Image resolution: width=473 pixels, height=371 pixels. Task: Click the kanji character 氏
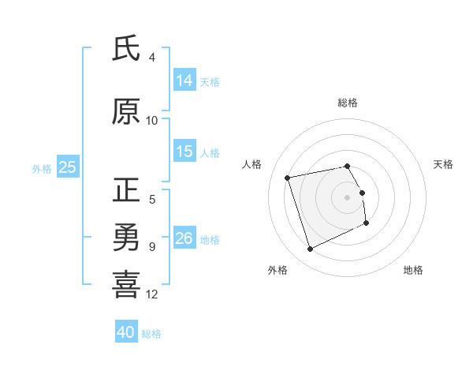point(127,49)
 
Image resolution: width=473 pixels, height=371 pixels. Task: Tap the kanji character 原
point(127,112)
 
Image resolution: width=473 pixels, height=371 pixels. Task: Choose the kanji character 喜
point(127,285)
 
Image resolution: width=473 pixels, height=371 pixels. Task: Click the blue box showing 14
point(184,81)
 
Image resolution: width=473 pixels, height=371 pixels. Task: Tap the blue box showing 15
point(184,152)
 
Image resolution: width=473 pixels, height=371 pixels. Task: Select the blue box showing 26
point(184,238)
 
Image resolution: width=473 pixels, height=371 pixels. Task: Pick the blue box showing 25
point(67,167)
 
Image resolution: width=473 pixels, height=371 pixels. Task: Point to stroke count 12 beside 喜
point(152,294)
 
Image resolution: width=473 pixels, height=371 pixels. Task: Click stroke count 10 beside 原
point(152,121)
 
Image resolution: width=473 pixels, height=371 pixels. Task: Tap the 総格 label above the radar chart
point(348,103)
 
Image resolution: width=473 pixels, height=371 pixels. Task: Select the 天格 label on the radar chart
point(444,164)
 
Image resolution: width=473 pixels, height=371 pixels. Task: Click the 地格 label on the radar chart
point(413,270)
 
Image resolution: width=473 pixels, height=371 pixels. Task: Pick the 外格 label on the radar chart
point(277,270)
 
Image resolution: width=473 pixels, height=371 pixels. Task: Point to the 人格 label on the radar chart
point(251,164)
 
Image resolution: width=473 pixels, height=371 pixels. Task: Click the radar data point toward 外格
point(310,249)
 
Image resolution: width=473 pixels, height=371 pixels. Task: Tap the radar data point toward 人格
point(288,177)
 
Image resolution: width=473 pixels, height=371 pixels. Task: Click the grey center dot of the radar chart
point(348,197)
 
